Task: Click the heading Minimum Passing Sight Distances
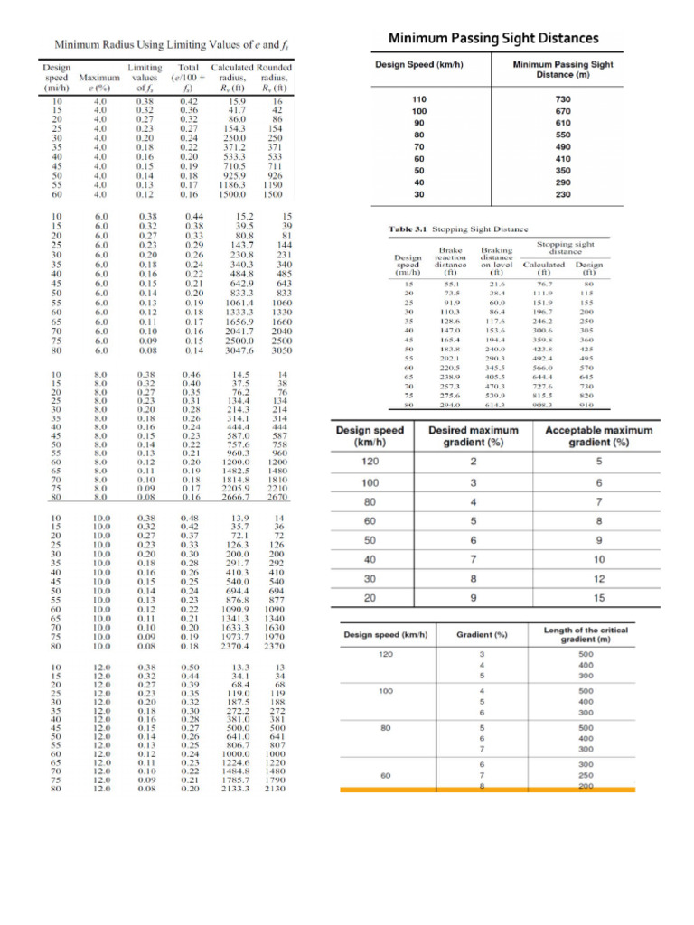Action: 493,38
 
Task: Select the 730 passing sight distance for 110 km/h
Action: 563,98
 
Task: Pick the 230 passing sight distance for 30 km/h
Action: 563,194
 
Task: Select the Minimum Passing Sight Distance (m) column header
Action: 563,70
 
